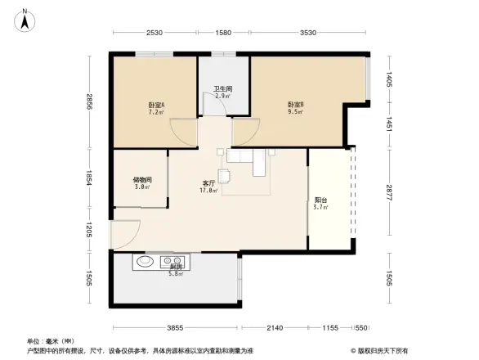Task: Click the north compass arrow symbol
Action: click(x=25, y=19)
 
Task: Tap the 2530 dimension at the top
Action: click(x=156, y=33)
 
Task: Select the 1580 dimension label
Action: click(x=222, y=33)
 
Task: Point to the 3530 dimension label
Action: click(x=307, y=33)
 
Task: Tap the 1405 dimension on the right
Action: click(x=390, y=79)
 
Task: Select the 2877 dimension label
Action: click(x=390, y=194)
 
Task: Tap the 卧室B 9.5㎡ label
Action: click(x=295, y=107)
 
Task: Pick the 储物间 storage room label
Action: click(x=141, y=182)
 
